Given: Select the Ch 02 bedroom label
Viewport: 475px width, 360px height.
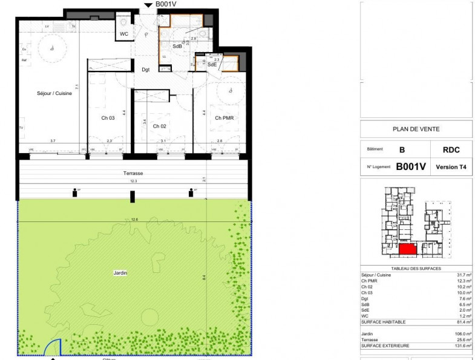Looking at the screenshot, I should [159, 126].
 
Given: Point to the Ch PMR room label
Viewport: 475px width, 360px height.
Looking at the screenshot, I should [224, 118].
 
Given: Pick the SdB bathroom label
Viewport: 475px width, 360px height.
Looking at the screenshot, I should [177, 46].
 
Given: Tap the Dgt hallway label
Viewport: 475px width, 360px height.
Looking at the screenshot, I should [146, 70].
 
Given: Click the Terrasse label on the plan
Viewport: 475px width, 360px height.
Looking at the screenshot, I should [133, 173].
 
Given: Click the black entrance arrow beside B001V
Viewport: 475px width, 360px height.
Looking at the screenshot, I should [148, 5].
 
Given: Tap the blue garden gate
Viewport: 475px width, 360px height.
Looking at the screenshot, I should [53, 347].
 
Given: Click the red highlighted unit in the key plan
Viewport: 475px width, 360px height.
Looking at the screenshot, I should [407, 248].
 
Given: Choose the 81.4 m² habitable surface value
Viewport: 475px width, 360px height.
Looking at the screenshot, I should [463, 322].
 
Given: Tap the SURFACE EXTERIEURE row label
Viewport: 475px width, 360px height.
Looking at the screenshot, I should [385, 345].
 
